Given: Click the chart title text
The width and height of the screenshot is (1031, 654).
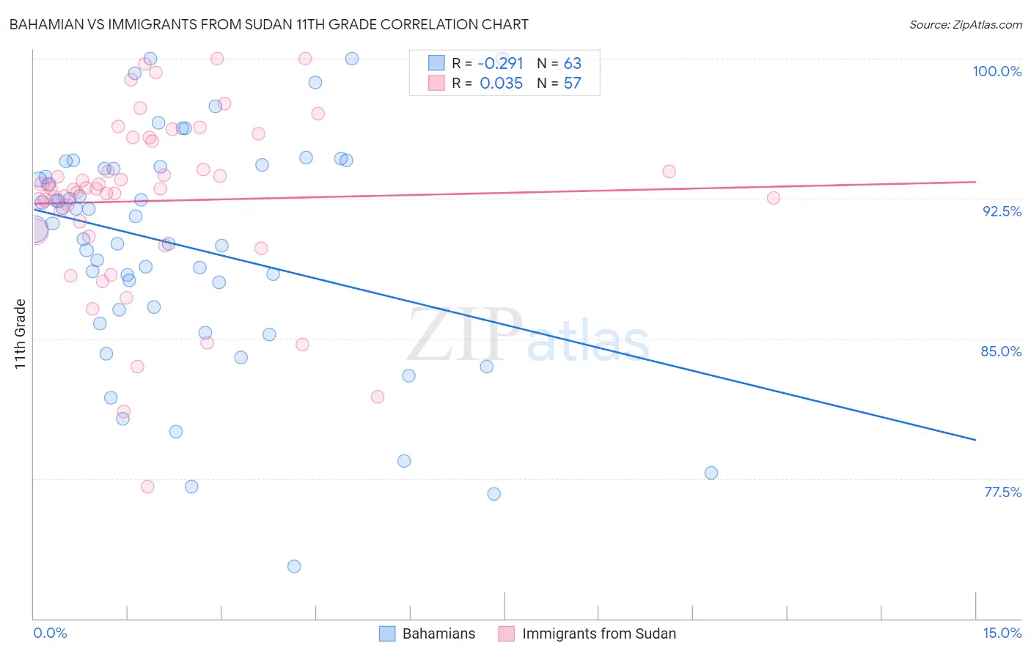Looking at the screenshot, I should (268, 24).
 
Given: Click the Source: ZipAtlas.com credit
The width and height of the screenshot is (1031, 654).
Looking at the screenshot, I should (965, 24).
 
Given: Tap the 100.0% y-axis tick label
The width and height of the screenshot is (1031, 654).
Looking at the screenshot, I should (997, 71).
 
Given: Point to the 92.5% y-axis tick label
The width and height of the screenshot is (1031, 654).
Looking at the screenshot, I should (1002, 211).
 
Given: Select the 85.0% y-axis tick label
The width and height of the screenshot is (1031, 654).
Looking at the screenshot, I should (1001, 351).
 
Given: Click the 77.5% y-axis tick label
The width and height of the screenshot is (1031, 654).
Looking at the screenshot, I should (1002, 492).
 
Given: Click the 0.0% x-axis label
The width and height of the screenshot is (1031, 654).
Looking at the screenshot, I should (50, 633).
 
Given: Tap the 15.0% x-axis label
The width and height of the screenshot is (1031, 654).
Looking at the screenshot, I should (1002, 633).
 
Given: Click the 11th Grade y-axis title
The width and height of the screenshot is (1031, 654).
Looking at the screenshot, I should (21, 334).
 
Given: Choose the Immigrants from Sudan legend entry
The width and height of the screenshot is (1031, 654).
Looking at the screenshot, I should (587, 633).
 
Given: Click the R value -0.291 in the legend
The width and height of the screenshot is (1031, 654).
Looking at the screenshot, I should (500, 63).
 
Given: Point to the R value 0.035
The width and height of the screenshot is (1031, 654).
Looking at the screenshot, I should (501, 84).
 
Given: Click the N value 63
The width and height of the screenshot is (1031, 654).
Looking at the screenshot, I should (572, 63).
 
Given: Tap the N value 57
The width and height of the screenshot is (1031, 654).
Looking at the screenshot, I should (572, 84).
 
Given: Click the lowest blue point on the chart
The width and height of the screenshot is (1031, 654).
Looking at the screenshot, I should (294, 566).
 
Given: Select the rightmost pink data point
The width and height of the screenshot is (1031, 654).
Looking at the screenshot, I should (774, 198).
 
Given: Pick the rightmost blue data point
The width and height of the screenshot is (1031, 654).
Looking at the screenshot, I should (711, 473).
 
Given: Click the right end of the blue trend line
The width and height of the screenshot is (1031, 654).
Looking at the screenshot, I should (975, 440).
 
